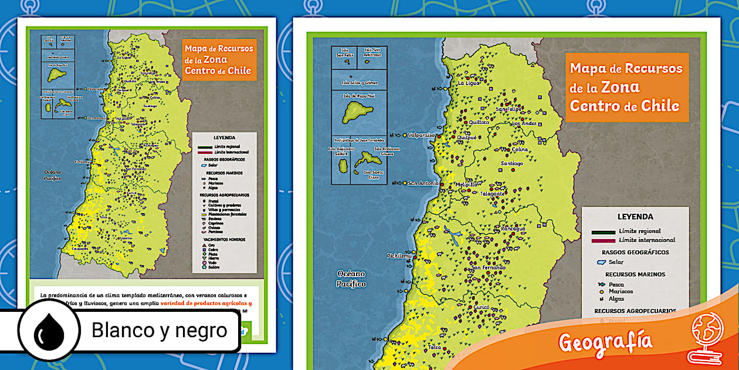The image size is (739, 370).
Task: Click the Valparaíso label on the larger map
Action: pyautogui.click(x=421, y=134)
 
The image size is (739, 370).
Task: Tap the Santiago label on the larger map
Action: pyautogui.click(x=511, y=163)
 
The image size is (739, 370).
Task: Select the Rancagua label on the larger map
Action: pyautogui.click(x=513, y=228)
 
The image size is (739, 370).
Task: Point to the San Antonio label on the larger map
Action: pyautogui.click(x=423, y=183)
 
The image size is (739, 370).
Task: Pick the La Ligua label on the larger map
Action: pyautogui.click(x=469, y=83)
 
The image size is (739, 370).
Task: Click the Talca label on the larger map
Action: pyautogui.click(x=435, y=347)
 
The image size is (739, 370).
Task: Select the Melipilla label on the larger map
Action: pyautogui.click(x=467, y=184)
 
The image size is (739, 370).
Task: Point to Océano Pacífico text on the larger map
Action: pyautogui.click(x=351, y=279)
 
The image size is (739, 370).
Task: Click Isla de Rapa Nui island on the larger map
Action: pyautogui.click(x=357, y=109)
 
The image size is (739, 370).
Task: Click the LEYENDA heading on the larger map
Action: pyautogui.click(x=635, y=217)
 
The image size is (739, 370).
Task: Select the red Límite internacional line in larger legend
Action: pyautogui.click(x=603, y=240)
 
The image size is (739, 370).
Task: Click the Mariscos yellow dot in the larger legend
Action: pyautogui.click(x=601, y=291)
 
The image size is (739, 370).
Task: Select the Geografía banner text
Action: pyautogui.click(x=605, y=341)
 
